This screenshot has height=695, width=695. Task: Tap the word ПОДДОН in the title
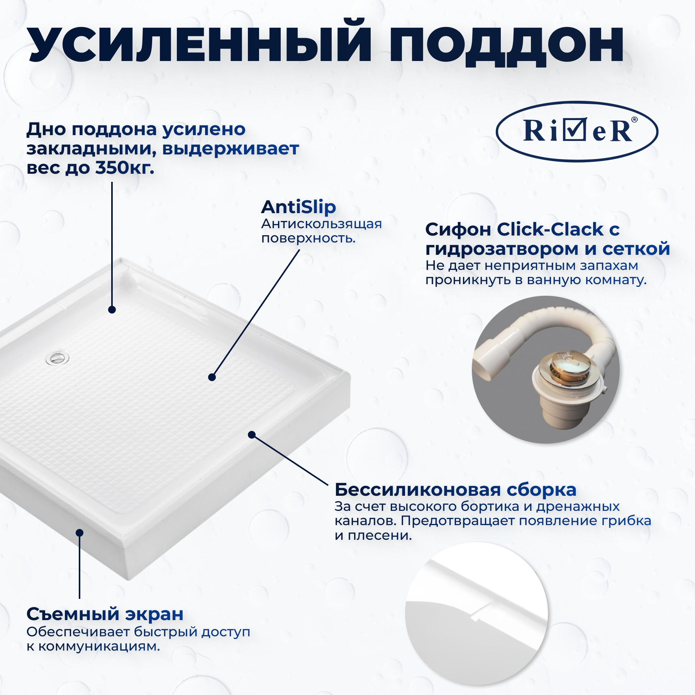pos(506,46)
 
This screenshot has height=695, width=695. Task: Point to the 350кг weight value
pos(124,168)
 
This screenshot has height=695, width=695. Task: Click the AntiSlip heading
pos(298,207)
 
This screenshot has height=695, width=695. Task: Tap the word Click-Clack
pos(550,229)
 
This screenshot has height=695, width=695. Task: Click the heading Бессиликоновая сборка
pos(455,490)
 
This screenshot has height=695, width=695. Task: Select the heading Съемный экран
pos(105,614)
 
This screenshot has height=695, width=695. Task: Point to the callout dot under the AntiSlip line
pos(212,377)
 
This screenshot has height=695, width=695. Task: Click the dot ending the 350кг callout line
pos(112,310)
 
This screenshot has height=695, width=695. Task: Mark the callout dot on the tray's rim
pos(252,435)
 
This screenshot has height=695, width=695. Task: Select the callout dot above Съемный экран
pos(80,533)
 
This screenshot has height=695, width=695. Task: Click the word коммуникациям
pos(99,646)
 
